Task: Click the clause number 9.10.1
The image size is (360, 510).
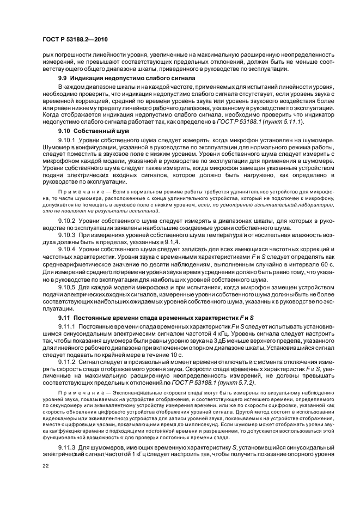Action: pyautogui.click(x=68, y=141)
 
